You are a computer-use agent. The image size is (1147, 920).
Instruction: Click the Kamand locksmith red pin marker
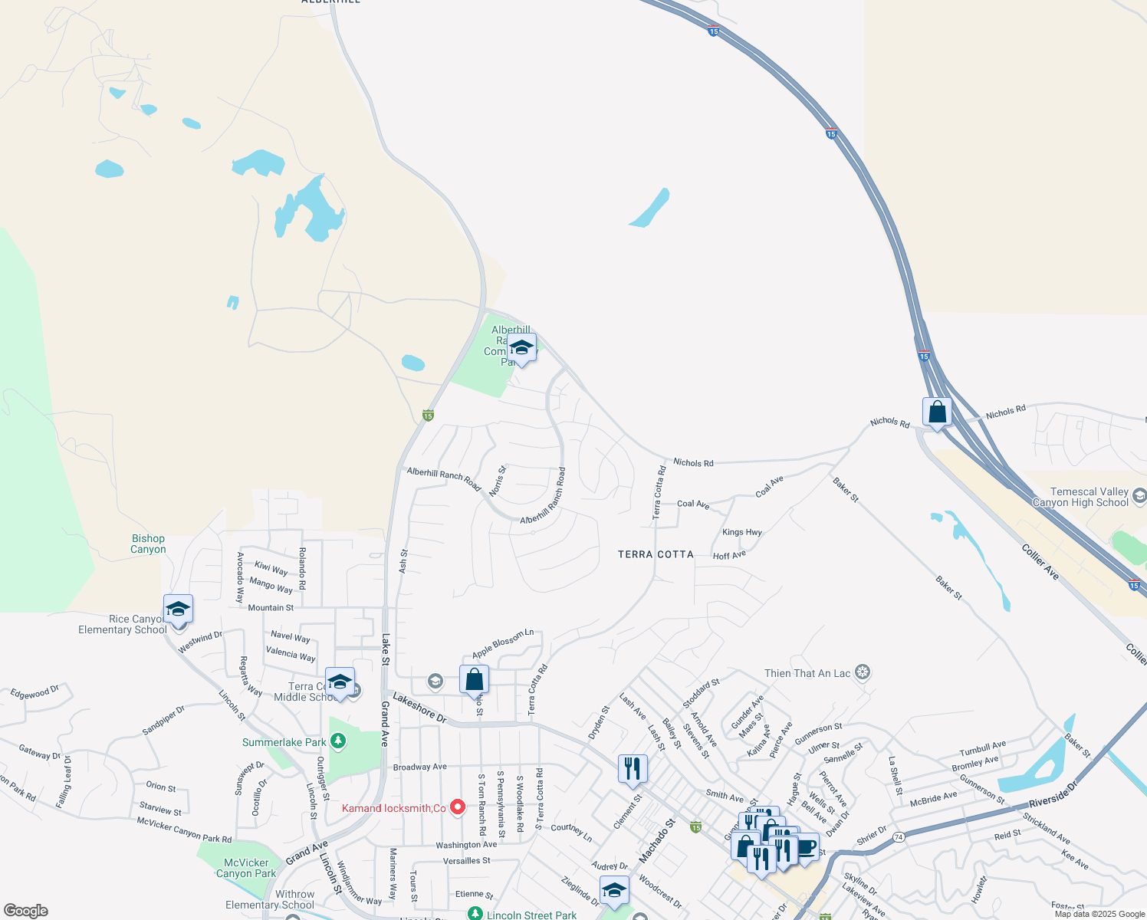pos(458,807)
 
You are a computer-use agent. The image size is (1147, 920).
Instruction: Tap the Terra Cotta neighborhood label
pos(656,554)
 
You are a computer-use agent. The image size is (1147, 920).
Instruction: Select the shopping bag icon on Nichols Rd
pos(937,412)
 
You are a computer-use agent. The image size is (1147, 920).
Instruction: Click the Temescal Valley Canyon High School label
pos(1080,497)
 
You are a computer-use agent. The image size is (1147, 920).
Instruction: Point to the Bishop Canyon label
pos(148,544)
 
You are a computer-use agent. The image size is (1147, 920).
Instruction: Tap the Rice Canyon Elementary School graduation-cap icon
pos(178,610)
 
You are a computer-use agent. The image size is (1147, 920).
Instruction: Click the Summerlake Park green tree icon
pos(337,741)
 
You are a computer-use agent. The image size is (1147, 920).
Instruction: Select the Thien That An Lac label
pos(807,673)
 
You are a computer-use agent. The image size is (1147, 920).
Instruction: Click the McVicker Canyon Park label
pos(246,868)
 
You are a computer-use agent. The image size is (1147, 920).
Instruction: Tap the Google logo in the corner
pos(25,911)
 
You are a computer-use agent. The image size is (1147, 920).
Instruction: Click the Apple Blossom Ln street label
pos(503,643)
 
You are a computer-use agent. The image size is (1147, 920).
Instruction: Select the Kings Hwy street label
pos(741,532)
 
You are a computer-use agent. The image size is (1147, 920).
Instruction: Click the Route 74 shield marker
pos(899,836)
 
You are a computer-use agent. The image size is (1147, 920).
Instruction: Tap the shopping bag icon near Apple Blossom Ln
pos(474,679)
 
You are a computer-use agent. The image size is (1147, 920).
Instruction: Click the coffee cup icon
pos(806,847)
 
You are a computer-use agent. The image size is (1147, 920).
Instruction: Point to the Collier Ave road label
pos(1040,561)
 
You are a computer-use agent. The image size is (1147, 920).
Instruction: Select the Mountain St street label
pos(271,608)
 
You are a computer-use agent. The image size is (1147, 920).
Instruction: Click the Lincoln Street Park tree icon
pos(475,914)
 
